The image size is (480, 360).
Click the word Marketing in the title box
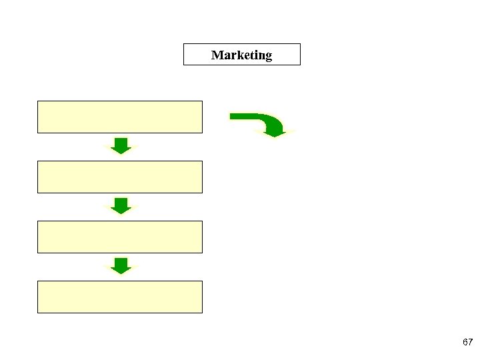[x=241, y=55]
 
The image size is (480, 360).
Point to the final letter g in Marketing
[x=268, y=57]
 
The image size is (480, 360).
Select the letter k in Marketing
[x=235, y=55]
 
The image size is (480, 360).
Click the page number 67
[x=467, y=342]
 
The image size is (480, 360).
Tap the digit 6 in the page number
[x=465, y=342]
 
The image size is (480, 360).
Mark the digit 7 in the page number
[x=470, y=342]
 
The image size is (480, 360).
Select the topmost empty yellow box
[x=119, y=117]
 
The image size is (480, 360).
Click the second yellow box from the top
[x=119, y=177]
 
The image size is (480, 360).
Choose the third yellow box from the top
[x=119, y=237]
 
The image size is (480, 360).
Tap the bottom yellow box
[x=119, y=297]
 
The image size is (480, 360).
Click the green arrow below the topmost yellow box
[x=120, y=145]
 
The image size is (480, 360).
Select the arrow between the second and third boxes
[x=120, y=205]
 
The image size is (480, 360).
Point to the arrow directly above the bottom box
[x=120, y=265]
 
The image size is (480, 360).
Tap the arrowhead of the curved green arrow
[x=275, y=131]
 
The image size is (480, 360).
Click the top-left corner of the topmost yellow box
[x=38, y=101]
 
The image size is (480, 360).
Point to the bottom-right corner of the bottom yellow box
[x=201, y=312]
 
